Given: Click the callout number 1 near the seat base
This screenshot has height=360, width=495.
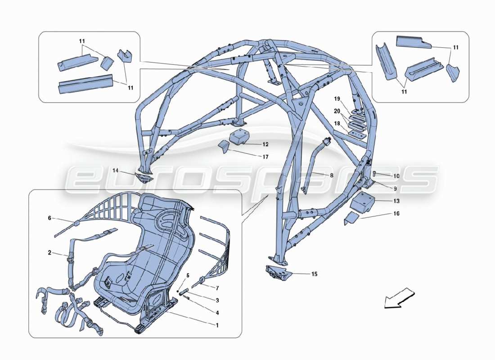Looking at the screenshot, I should (217, 325).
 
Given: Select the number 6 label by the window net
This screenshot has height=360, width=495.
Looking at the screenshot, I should (49, 218).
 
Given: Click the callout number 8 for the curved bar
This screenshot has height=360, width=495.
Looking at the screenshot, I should (332, 175).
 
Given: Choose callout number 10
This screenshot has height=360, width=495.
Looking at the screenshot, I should (396, 176).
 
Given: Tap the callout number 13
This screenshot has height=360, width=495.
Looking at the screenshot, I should (396, 201).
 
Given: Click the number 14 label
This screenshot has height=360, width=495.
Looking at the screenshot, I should (116, 171).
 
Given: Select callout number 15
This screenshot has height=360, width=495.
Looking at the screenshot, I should (314, 274).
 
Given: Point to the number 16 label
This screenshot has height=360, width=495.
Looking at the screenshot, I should (396, 214).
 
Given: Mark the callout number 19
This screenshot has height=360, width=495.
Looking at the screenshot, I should (337, 99).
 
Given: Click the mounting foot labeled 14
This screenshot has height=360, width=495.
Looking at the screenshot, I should (143, 176).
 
